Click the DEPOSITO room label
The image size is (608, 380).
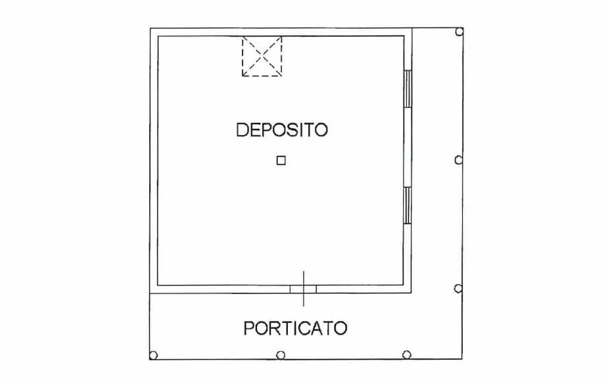281,129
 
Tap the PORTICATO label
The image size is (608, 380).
295,327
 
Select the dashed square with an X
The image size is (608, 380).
262,56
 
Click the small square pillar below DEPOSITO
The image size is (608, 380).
281,160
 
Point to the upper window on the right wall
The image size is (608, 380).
408,89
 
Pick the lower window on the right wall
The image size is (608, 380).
408,205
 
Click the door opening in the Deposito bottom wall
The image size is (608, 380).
303,288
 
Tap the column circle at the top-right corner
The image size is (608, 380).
459,32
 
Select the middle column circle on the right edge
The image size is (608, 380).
459,159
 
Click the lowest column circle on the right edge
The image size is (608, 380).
459,288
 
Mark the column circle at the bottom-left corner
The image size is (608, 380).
153,355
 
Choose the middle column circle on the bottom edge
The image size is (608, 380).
280,355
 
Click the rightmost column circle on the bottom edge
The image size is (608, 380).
407,355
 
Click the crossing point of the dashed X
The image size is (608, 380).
262,56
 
